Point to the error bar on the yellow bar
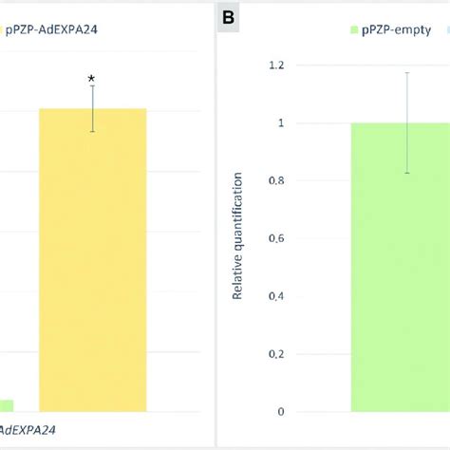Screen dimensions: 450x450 [93, 108]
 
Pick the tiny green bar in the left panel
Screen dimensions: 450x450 [6, 405]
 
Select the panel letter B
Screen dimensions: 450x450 [229, 16]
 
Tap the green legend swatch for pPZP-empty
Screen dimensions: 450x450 [354, 30]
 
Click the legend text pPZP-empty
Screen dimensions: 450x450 [400, 30]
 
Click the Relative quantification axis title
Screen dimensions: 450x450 [237, 236]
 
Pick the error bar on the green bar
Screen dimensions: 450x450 [406, 122]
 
